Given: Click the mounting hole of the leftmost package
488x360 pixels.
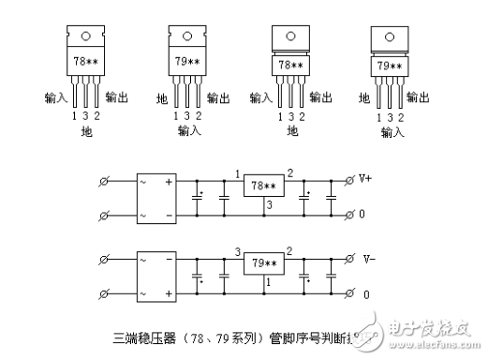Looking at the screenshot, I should coord(84,37).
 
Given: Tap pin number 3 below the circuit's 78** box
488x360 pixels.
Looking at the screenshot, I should coord(269,204).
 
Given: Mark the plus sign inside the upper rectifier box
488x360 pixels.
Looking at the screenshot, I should coord(169,181).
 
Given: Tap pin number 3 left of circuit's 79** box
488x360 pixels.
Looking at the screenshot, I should coord(239,252).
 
